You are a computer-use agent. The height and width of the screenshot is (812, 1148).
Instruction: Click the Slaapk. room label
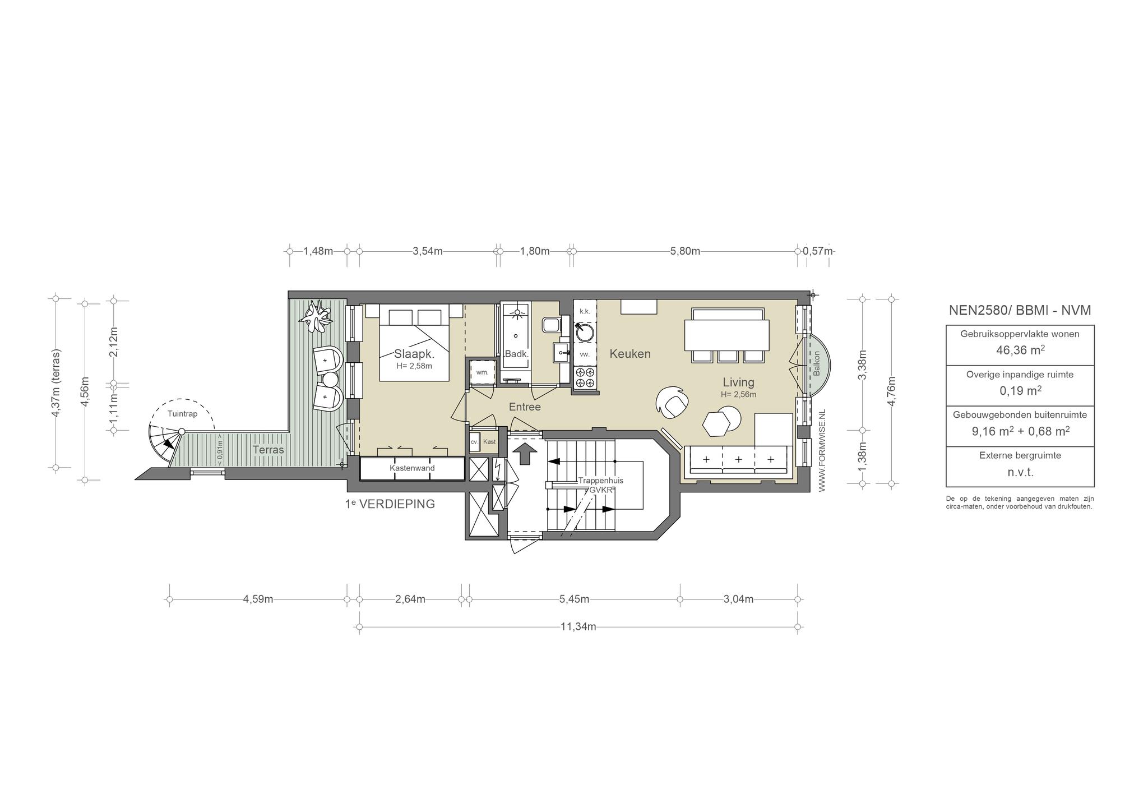click(414, 354)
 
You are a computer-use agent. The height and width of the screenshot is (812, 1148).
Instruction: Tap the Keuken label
click(630, 354)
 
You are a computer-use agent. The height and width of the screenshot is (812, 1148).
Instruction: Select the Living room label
click(738, 382)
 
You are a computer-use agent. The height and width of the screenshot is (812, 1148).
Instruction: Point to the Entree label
click(525, 407)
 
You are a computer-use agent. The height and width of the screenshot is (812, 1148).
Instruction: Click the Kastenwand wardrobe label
click(412, 468)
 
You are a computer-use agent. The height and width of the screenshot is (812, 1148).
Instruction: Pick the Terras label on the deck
click(268, 450)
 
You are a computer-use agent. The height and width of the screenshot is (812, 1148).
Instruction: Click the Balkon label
click(816, 364)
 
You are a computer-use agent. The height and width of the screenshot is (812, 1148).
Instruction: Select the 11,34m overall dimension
click(578, 627)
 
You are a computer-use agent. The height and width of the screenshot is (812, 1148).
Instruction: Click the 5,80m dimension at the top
click(685, 251)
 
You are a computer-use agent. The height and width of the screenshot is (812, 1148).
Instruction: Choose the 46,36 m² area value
click(1020, 350)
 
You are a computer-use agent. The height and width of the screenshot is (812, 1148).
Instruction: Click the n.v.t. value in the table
click(1020, 472)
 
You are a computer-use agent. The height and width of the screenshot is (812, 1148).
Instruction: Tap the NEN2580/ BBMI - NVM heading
click(1020, 310)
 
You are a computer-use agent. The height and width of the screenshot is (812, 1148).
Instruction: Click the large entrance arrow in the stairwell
click(525, 453)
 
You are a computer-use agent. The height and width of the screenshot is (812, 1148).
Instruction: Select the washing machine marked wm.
click(482, 372)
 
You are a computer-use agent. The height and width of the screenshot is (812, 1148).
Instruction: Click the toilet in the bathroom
click(550, 325)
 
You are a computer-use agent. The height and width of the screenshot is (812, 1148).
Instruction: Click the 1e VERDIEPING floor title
click(390, 504)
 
